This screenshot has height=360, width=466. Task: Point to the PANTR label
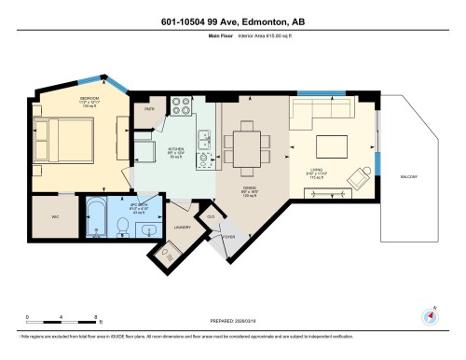149,108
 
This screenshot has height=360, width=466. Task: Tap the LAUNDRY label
184,227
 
